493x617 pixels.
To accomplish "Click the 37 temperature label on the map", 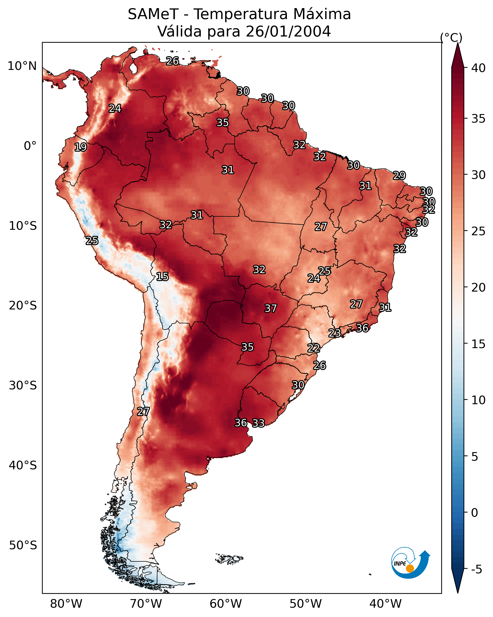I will point(270,308).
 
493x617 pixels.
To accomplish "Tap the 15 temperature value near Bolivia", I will point(162,277).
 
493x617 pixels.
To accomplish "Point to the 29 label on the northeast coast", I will point(399,175).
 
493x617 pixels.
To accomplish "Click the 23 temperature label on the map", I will point(334,333).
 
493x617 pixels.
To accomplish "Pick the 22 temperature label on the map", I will point(314,348).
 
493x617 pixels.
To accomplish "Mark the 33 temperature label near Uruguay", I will point(258,423).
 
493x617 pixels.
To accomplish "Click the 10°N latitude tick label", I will point(22,66).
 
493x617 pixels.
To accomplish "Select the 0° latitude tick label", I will point(30,146).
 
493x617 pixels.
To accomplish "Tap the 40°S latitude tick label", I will point(23,465).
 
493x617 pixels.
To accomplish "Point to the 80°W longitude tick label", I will point(66,604).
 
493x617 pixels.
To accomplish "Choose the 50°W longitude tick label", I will point(306,604).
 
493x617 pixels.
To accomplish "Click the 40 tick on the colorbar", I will point(478,68).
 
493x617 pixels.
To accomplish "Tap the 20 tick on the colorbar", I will point(478,287).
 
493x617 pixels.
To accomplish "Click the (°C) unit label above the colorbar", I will point(451,37).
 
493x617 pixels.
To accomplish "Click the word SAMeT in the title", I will point(153,14).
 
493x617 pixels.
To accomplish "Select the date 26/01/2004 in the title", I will point(288,31).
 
